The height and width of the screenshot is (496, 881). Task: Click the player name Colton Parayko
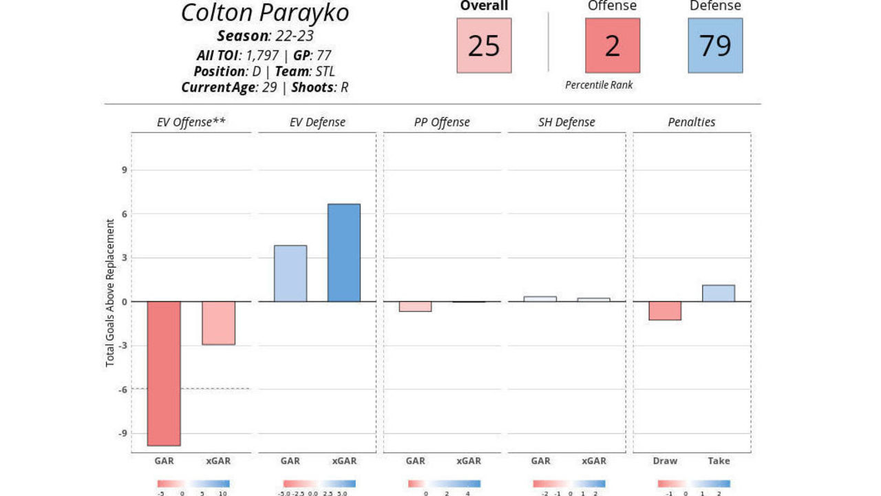tap(265, 12)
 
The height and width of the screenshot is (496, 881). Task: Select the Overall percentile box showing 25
tap(484, 45)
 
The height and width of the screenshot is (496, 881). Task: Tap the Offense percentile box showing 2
tap(613, 45)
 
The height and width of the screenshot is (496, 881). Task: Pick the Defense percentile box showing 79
tap(715, 45)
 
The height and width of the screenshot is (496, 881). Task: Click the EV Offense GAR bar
tap(164, 373)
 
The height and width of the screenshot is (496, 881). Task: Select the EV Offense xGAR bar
tap(218, 323)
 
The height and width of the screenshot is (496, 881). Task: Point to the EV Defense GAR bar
tap(290, 273)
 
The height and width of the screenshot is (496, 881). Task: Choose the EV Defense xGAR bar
tap(344, 253)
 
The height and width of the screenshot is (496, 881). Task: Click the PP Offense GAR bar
tap(415, 307)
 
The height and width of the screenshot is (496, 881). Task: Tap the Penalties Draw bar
tap(665, 311)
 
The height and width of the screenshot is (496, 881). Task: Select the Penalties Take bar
tap(719, 293)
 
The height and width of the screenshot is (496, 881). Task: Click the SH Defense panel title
tap(566, 123)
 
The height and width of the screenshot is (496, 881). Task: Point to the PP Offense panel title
tap(442, 123)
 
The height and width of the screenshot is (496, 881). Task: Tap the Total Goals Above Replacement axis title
tap(110, 293)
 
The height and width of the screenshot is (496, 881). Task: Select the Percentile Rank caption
tap(599, 85)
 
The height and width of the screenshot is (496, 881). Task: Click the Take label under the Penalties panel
tap(719, 461)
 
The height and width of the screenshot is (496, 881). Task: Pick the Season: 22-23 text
tap(265, 36)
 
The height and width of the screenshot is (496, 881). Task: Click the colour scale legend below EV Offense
tap(193, 484)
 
